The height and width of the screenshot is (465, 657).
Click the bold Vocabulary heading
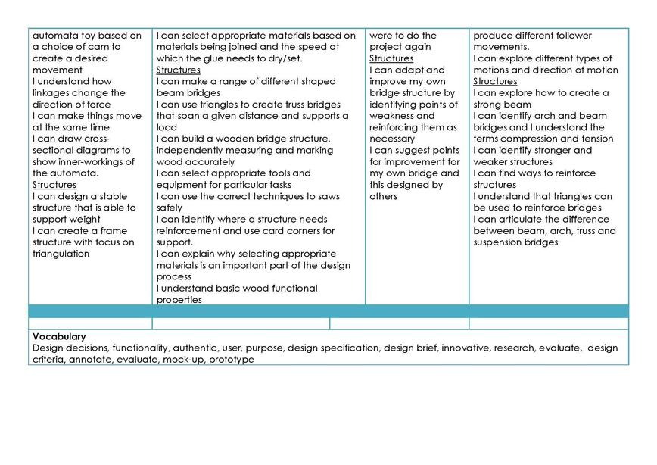click(x=59, y=337)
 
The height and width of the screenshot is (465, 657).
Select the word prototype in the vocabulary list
click(x=232, y=360)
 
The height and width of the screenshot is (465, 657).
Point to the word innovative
click(x=467, y=348)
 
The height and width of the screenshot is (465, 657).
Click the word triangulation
click(x=61, y=254)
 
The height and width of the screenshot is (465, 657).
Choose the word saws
click(x=332, y=196)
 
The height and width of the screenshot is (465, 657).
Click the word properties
click(x=179, y=300)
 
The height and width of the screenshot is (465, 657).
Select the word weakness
click(x=391, y=116)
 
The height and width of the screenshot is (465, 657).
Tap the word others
click(x=384, y=196)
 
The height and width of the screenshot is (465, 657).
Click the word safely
click(x=169, y=208)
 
